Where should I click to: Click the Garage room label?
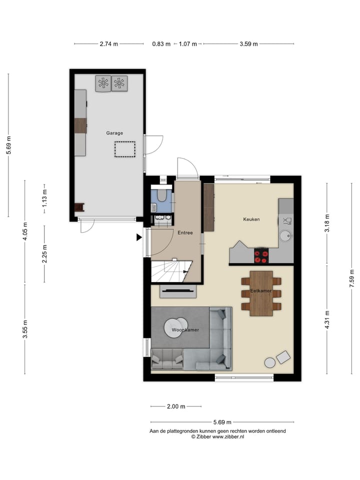[114, 133]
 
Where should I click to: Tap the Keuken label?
[251, 219]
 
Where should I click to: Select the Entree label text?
[185, 232]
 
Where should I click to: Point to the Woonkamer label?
[185, 330]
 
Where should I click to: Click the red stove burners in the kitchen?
[261, 256]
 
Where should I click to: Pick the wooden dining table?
[261, 293]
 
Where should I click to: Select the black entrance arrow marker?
[139, 238]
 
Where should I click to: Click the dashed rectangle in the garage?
[124, 149]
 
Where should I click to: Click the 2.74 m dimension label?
[109, 44]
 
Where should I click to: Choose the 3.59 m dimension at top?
[248, 44]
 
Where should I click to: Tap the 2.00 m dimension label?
[176, 406]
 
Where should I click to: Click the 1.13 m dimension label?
[44, 198]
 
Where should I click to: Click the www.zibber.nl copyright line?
[217, 436]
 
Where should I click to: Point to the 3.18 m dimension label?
[327, 223]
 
